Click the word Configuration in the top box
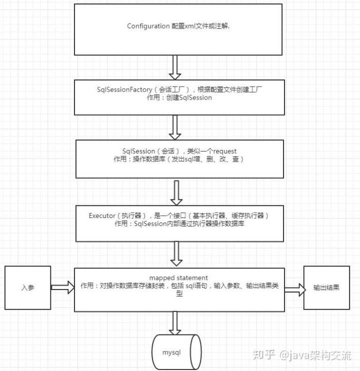148,26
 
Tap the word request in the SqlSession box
221,150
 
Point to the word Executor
101,215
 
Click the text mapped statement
178,277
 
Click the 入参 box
27,288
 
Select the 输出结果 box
326,288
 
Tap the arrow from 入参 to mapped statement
62,288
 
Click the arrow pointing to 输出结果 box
293,288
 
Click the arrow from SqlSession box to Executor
175,191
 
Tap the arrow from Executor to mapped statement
175,254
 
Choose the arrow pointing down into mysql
175,322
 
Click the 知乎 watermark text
263,354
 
